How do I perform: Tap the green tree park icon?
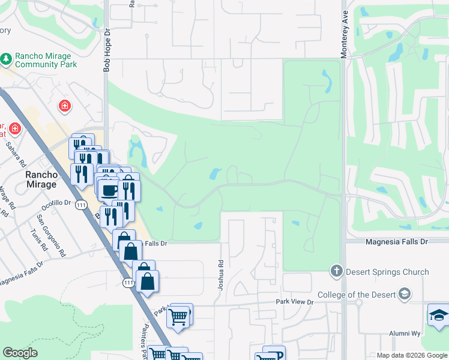(x=7, y=59)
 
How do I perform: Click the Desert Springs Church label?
(x=388, y=272)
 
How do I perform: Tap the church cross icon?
(x=336, y=272)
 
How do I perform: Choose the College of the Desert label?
(x=356, y=294)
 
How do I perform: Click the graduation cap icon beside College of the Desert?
(x=405, y=294)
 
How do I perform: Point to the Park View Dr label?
(x=294, y=302)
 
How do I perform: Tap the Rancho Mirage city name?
(x=41, y=179)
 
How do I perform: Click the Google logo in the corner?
(x=20, y=353)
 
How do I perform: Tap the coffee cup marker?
(x=109, y=190)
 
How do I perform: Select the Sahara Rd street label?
(x=16, y=154)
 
